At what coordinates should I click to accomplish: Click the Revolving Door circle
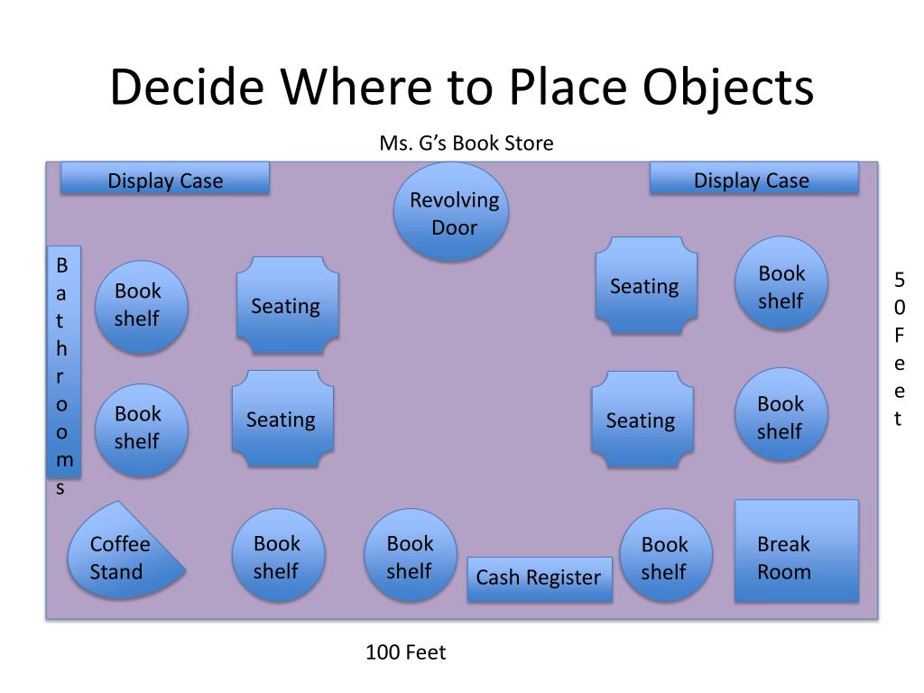pyautogui.click(x=452, y=212)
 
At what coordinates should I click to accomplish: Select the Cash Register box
pyautogui.click(x=539, y=578)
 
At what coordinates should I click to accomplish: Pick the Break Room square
pyautogui.click(x=795, y=550)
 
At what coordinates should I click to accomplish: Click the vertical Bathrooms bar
pyautogui.click(x=63, y=362)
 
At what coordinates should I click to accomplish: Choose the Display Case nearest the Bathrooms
pyautogui.click(x=165, y=179)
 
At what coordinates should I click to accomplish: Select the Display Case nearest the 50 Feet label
pyautogui.click(x=753, y=179)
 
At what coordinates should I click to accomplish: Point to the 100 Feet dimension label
pyautogui.click(x=405, y=651)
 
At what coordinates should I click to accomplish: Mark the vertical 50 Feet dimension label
pyautogui.click(x=899, y=348)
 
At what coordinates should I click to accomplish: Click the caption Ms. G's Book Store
pyautogui.click(x=466, y=143)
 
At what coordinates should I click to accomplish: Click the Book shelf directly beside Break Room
pyautogui.click(x=666, y=557)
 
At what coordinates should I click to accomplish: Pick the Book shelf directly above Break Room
pyautogui.click(x=781, y=416)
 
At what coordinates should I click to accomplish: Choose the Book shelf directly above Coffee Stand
pyautogui.click(x=140, y=430)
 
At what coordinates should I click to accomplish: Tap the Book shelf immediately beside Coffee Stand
pyautogui.click(x=277, y=556)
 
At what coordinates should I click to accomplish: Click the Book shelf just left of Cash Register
pyautogui.click(x=411, y=556)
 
